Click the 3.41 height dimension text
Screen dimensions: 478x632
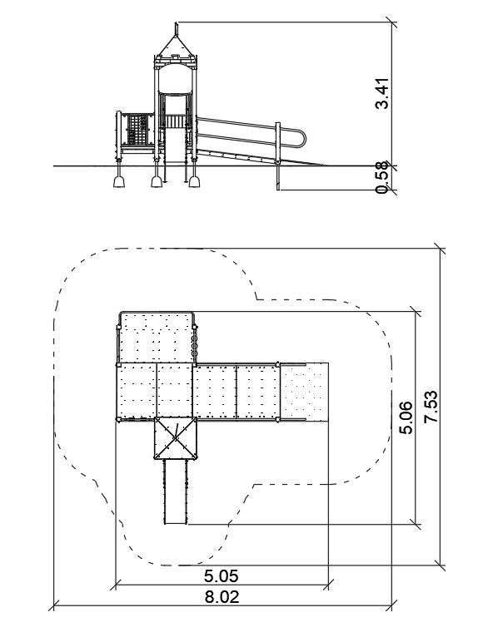381,93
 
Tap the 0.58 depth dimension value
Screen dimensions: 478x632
381,177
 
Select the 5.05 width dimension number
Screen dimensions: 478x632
221,575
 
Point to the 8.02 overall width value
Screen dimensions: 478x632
222,597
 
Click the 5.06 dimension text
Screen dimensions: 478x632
406,417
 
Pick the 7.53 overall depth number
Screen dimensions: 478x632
431,407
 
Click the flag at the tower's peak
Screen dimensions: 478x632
176,28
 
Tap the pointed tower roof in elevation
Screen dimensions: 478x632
176,46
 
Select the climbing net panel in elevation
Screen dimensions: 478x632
137,129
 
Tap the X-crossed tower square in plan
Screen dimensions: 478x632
176,438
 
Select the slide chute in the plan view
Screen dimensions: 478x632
176,491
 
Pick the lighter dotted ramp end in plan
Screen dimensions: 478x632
304,392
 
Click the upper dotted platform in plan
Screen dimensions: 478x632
156,338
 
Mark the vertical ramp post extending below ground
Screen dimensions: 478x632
278,156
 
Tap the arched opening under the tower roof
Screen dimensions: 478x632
176,79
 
